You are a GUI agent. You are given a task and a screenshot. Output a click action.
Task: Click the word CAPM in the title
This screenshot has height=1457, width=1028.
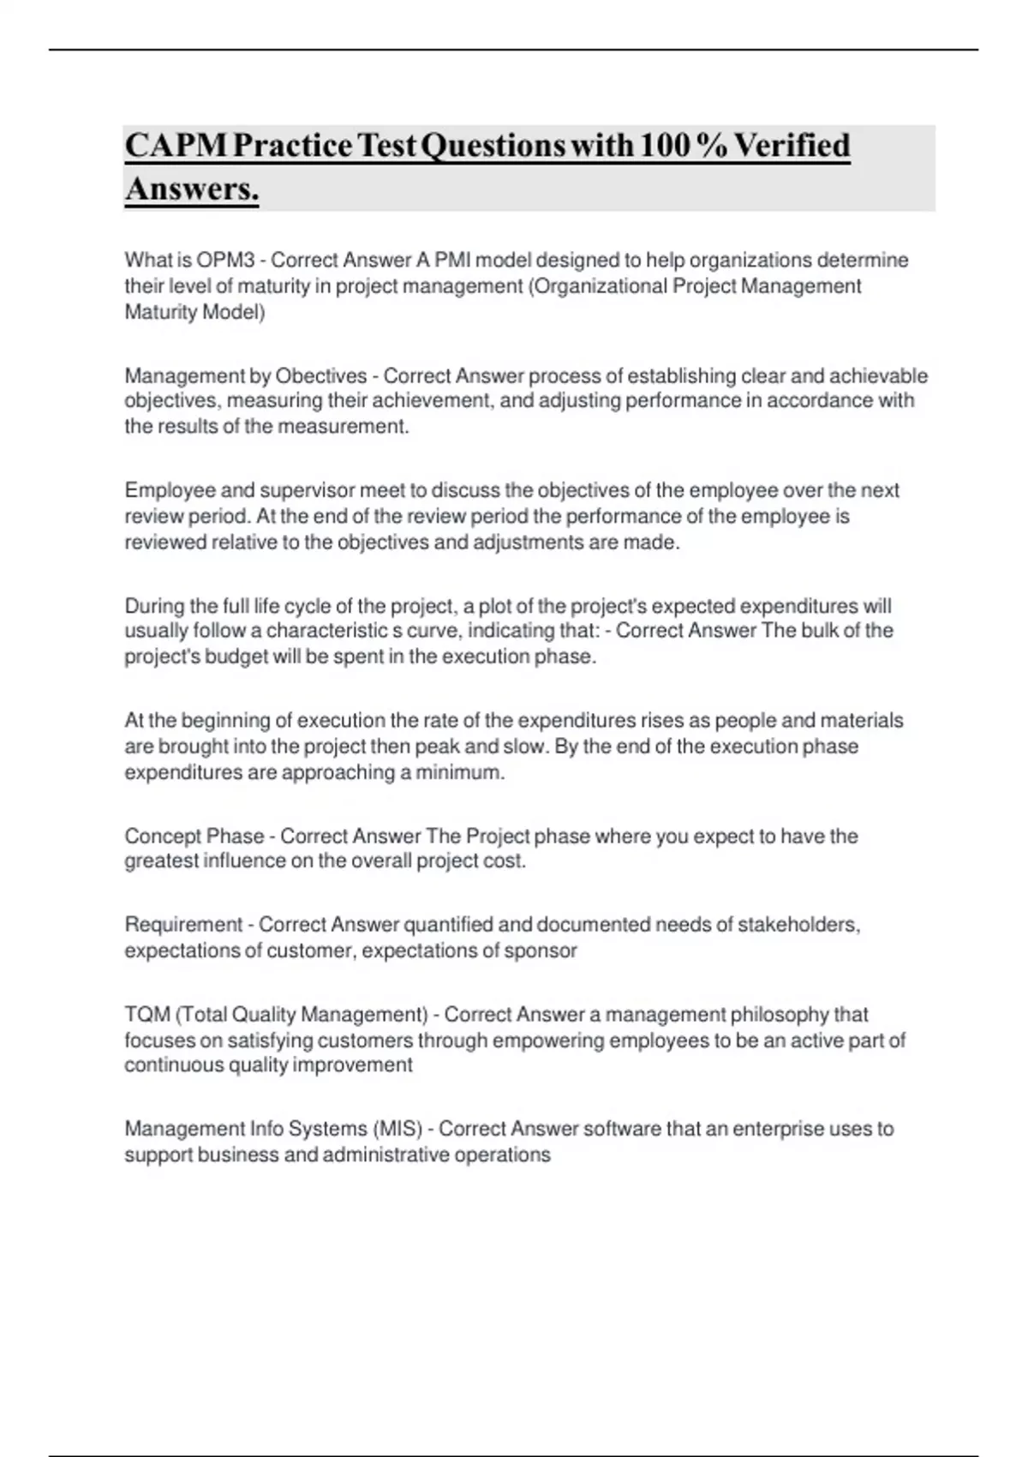click(x=176, y=146)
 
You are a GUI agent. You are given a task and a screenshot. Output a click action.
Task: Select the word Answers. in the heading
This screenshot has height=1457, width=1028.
click(x=192, y=189)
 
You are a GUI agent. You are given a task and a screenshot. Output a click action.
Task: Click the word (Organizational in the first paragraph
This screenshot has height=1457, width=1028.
click(x=599, y=285)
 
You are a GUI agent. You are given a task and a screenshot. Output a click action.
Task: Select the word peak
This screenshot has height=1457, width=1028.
click(x=437, y=746)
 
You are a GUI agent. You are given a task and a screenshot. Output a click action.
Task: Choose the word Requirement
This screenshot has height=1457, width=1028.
click(x=183, y=925)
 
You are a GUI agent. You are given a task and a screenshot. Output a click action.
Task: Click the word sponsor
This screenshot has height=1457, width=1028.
click(x=541, y=950)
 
